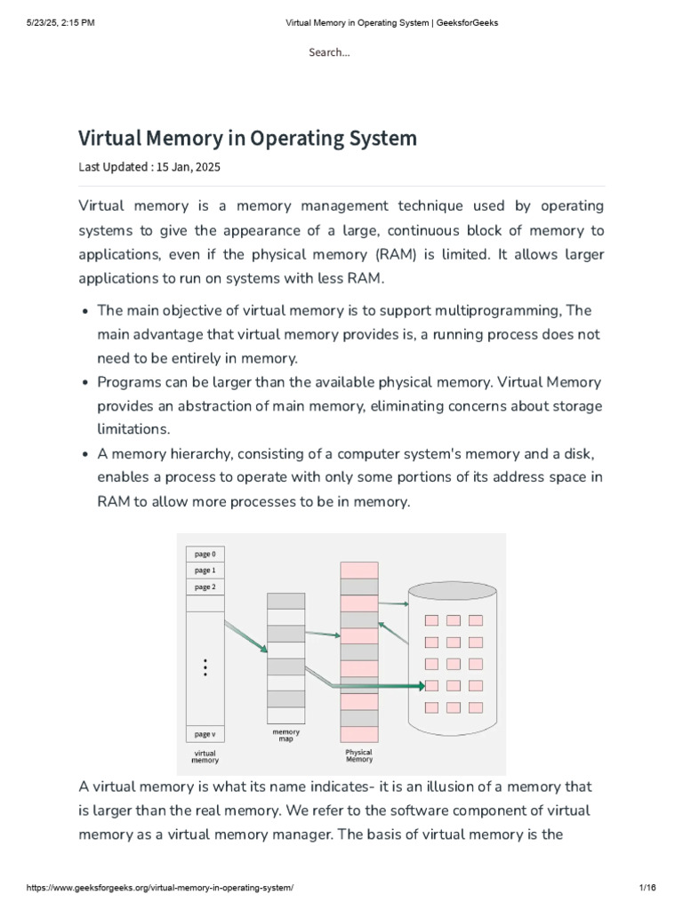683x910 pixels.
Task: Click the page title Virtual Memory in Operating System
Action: click(x=247, y=139)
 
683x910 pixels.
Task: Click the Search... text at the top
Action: click(x=329, y=52)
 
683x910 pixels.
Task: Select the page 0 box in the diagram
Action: click(x=205, y=554)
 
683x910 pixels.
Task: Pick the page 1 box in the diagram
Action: click(x=205, y=571)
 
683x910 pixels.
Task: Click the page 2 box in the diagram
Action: click(x=205, y=587)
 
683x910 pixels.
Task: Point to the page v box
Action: click(x=205, y=734)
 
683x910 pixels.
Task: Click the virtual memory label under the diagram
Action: click(x=205, y=756)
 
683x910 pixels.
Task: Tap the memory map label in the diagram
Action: click(x=285, y=736)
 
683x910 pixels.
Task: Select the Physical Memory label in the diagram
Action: click(x=358, y=755)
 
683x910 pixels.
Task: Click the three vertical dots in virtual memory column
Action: click(x=205, y=667)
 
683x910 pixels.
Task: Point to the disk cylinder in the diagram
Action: click(x=454, y=658)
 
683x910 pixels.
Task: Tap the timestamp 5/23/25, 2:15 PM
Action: click(x=60, y=23)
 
